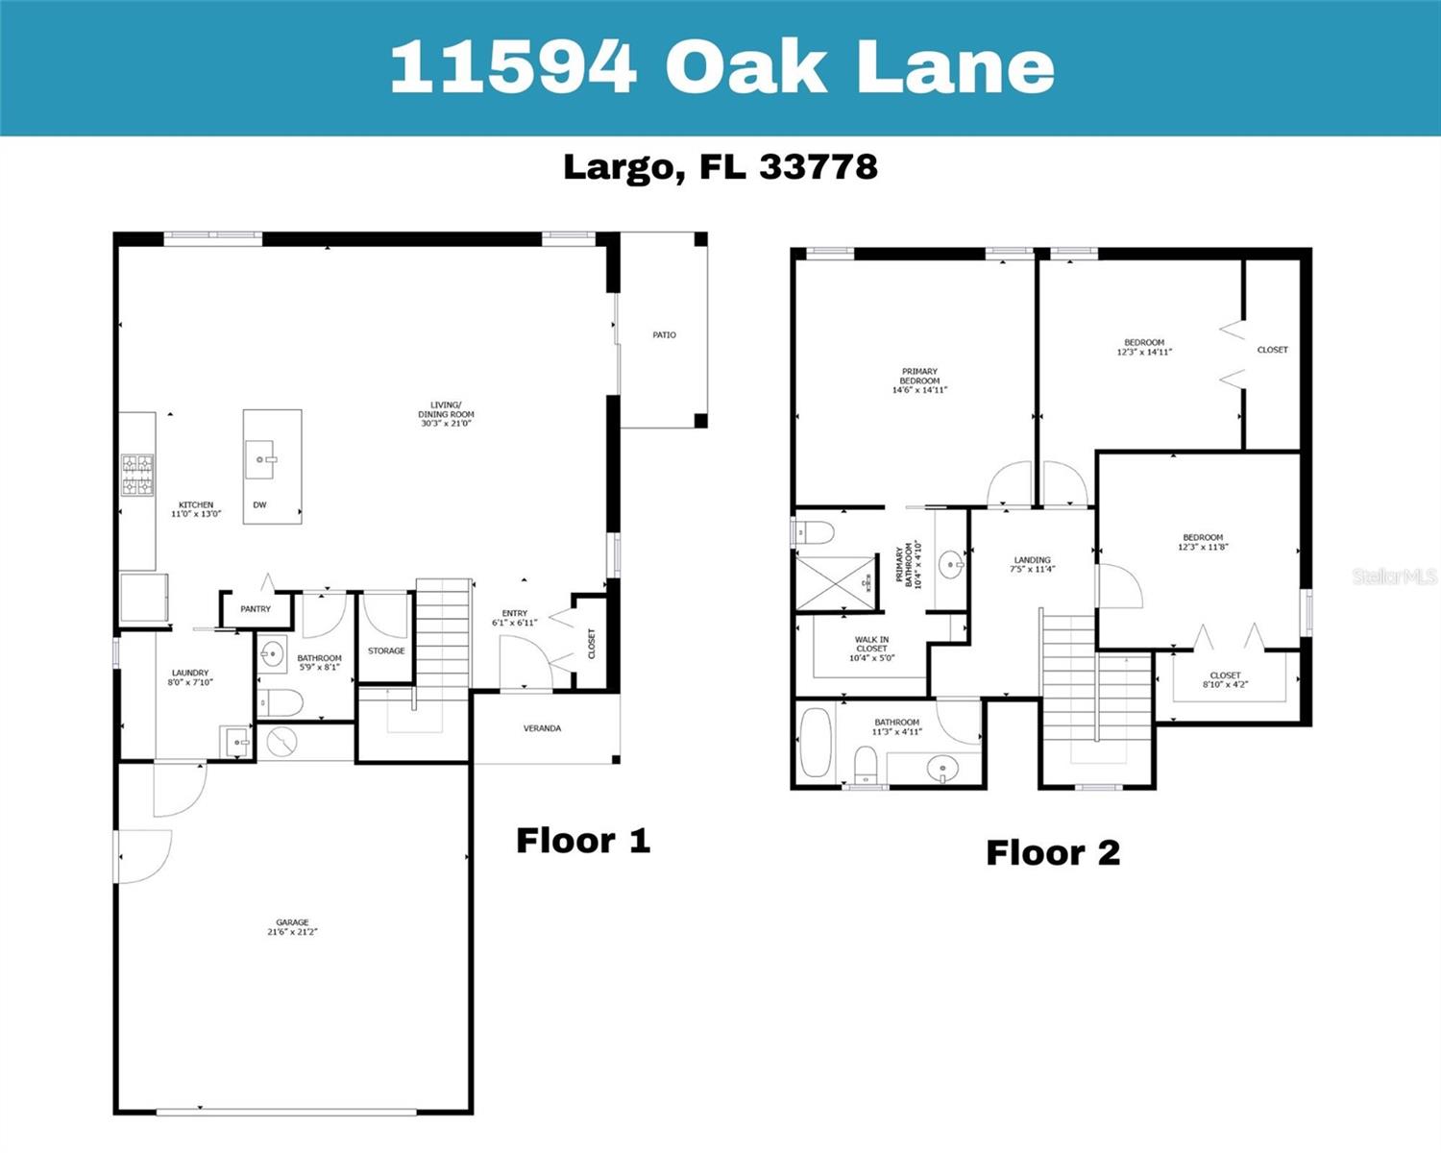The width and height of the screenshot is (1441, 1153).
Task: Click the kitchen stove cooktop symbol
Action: point(137,475)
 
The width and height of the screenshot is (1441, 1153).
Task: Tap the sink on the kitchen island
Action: point(260,459)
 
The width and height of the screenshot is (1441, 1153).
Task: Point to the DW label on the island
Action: point(259,504)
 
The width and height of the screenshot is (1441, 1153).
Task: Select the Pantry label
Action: point(256,609)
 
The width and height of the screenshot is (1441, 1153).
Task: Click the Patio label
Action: point(664,335)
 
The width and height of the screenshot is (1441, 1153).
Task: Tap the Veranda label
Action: point(543,728)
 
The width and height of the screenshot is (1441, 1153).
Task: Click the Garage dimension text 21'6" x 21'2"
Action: point(292,932)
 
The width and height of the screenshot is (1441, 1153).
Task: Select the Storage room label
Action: point(386,650)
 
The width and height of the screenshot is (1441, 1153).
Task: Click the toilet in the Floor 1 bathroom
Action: point(281,702)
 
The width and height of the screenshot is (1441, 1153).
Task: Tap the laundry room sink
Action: point(235,743)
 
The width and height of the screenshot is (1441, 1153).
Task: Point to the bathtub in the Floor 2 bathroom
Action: point(816,743)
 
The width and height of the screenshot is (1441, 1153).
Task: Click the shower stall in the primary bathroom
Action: point(836,582)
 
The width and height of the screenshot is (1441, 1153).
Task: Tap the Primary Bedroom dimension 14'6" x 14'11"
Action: point(920,390)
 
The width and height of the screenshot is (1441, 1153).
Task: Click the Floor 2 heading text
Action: point(1053,853)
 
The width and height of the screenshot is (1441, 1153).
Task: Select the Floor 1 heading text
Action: point(583,841)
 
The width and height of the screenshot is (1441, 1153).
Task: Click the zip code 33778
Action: point(818,166)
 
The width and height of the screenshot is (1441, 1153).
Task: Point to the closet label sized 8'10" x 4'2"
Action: point(1226,680)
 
